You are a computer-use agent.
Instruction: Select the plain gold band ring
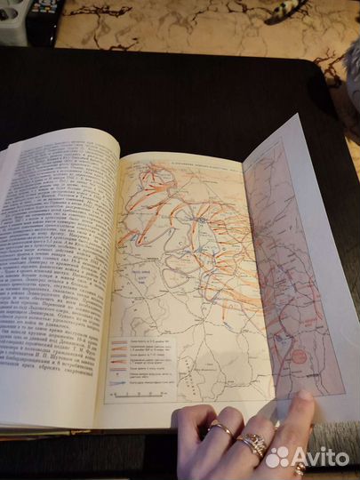point(220,430)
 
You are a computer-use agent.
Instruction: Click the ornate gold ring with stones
point(252,443)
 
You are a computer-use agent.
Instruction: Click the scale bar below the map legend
point(153,392)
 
